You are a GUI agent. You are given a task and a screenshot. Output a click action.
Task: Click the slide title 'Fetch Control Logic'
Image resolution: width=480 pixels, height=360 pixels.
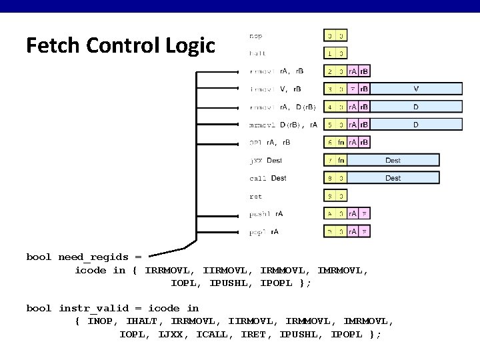click(x=121, y=45)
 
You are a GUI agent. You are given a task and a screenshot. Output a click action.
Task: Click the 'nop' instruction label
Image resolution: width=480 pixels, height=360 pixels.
click(x=255, y=35)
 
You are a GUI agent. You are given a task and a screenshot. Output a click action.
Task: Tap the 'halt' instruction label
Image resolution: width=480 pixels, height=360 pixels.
click(x=257, y=53)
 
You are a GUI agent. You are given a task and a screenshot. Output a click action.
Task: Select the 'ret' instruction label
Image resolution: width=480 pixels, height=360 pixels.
click(x=255, y=197)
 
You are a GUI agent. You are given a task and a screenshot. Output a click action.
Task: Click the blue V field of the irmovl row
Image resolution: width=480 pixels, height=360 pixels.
click(x=417, y=89)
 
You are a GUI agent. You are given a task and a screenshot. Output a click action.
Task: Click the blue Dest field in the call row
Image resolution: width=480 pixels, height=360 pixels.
click(x=393, y=179)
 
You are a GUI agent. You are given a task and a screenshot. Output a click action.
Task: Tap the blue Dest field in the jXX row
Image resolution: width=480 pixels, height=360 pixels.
click(x=393, y=161)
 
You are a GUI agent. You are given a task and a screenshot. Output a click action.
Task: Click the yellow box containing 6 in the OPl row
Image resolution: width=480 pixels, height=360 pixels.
click(x=329, y=143)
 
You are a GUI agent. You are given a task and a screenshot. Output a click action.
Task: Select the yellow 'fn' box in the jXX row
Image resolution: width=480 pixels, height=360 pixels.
click(x=341, y=161)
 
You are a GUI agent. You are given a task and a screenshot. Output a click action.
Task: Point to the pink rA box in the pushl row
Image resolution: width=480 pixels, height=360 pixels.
click(x=353, y=214)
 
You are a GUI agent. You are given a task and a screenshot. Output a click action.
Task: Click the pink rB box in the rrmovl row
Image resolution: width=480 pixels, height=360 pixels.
click(x=364, y=71)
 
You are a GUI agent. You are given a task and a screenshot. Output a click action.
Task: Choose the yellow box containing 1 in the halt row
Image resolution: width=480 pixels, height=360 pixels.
click(x=329, y=53)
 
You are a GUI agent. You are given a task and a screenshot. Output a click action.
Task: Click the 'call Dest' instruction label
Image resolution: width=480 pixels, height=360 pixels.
click(x=268, y=179)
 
